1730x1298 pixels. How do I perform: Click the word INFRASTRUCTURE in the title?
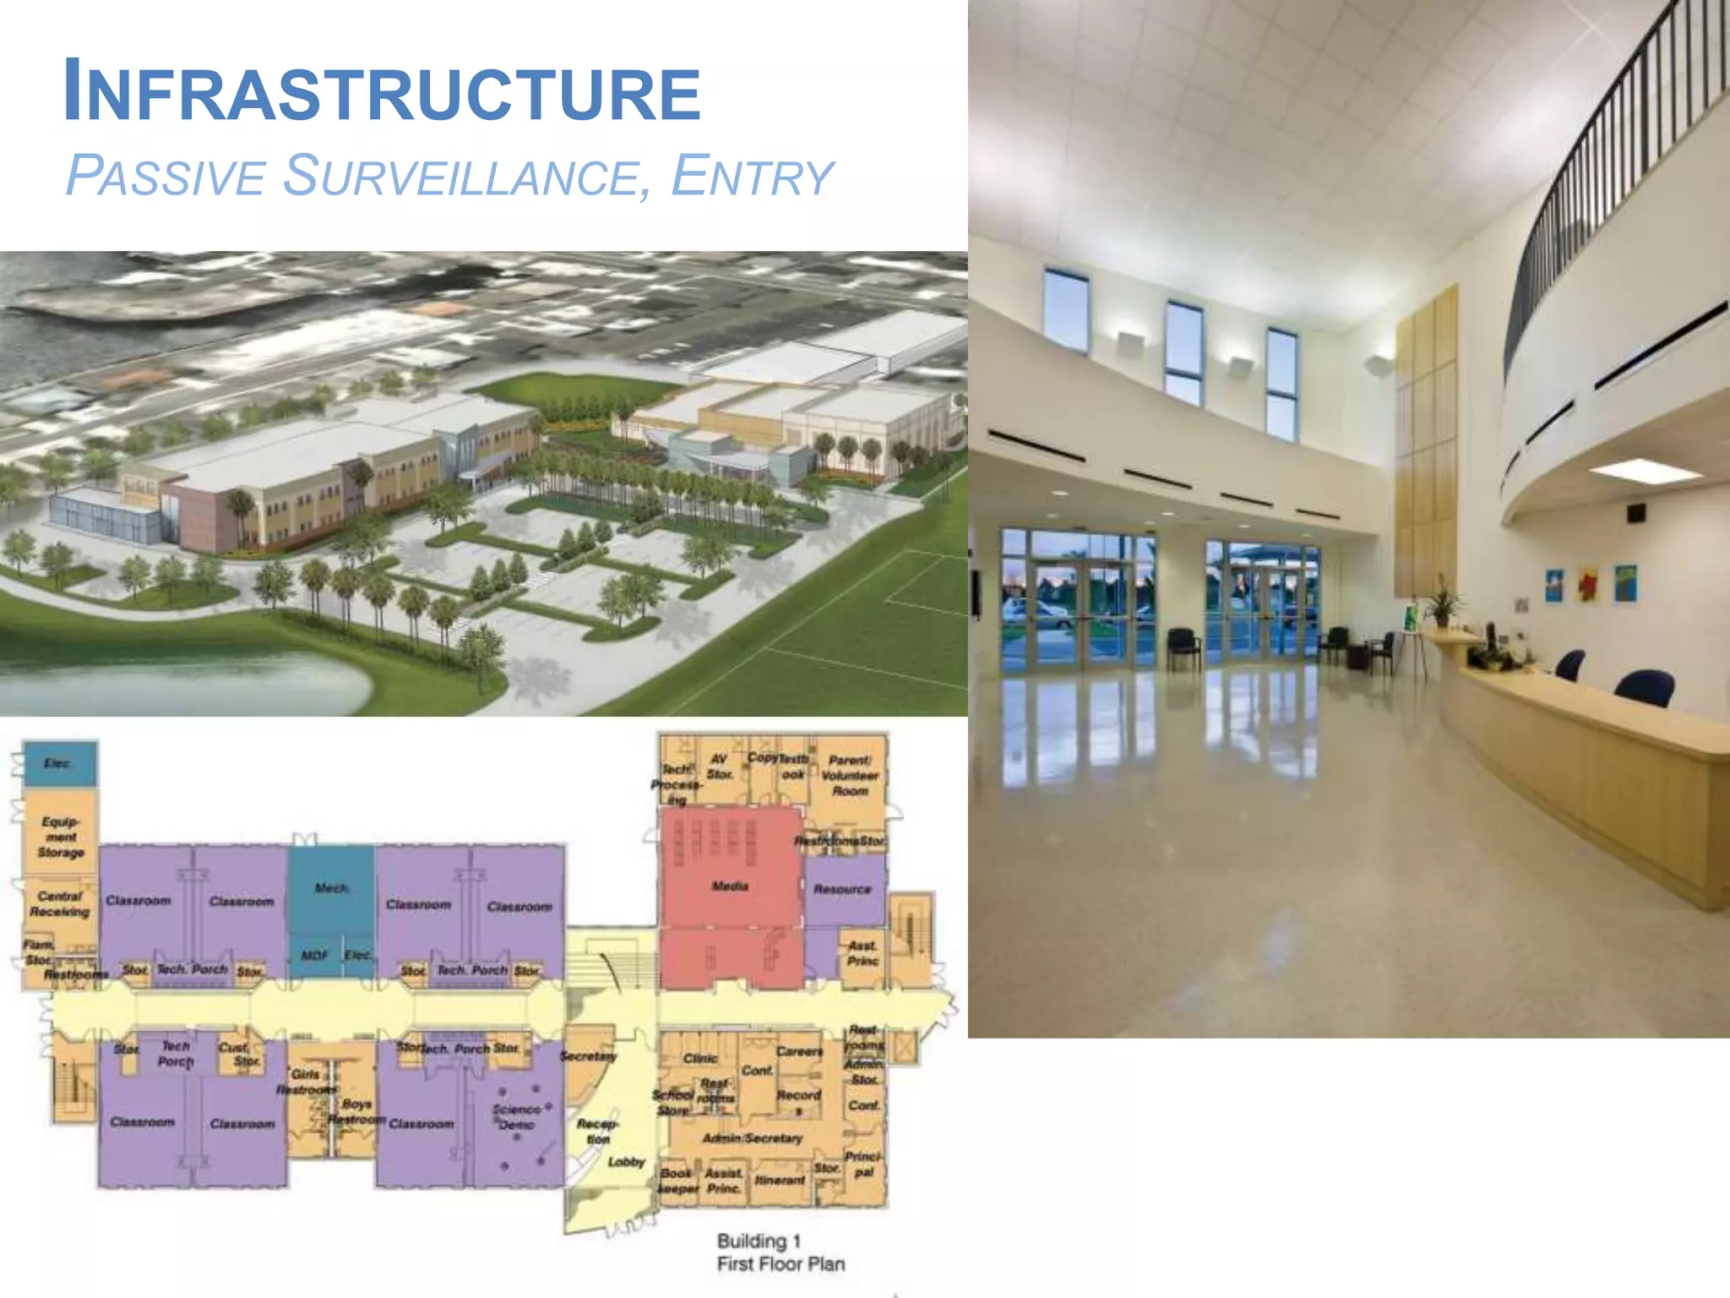pos(382,91)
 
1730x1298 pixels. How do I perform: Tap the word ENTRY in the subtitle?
pos(752,177)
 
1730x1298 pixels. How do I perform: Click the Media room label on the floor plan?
pos(730,886)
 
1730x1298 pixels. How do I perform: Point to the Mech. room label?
pos(331,888)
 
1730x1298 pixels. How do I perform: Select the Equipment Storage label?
pos(61,837)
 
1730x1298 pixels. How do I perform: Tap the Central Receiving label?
pos(59,903)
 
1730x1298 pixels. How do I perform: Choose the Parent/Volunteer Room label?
pos(850,775)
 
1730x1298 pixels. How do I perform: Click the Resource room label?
pos(842,889)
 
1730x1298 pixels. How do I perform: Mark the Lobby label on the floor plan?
pos(626,1162)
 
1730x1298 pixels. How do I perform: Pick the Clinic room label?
pos(700,1058)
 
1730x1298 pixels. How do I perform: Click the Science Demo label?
pos(516,1116)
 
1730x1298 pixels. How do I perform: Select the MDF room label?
pos(313,955)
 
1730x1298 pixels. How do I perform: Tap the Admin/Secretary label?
pos(752,1138)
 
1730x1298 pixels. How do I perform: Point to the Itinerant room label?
pos(780,1180)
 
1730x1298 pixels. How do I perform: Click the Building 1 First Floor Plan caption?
pos(780,1252)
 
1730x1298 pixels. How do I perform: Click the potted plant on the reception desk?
pos(1442,606)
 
